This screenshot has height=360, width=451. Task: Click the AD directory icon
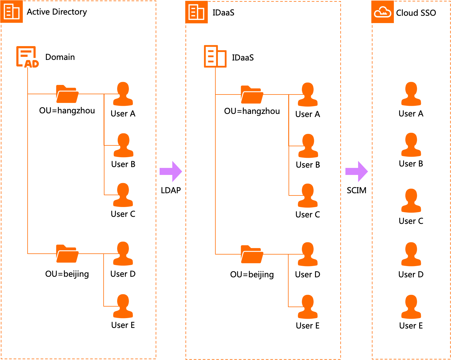pos(27,57)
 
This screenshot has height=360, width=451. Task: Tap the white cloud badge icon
pos(382,12)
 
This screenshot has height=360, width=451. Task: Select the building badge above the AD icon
pos(12,12)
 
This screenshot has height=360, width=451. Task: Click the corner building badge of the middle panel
pos(196,12)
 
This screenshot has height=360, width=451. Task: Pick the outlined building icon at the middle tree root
pos(215,57)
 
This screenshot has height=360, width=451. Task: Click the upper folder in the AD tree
pos(67,94)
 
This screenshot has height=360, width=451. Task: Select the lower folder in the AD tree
pos(67,254)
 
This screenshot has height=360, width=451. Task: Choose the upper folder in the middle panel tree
pos(252,95)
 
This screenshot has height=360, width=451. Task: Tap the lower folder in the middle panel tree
pos(252,254)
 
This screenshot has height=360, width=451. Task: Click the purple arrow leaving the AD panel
pos(171,171)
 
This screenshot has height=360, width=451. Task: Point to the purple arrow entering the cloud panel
pos(357,171)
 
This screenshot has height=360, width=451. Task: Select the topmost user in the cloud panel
pos(411,94)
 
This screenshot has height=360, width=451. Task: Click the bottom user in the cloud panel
pos(411,307)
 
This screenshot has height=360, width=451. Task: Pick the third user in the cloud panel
pos(411,201)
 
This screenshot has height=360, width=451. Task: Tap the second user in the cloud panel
pos(411,145)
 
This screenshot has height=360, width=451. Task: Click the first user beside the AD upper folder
pos(123,94)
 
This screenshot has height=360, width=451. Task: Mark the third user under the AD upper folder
pos(123,195)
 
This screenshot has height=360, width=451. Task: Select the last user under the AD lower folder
pos(123,306)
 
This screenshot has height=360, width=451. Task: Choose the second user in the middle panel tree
pos(308,146)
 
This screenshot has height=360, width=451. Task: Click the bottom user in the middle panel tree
pos(308,307)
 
